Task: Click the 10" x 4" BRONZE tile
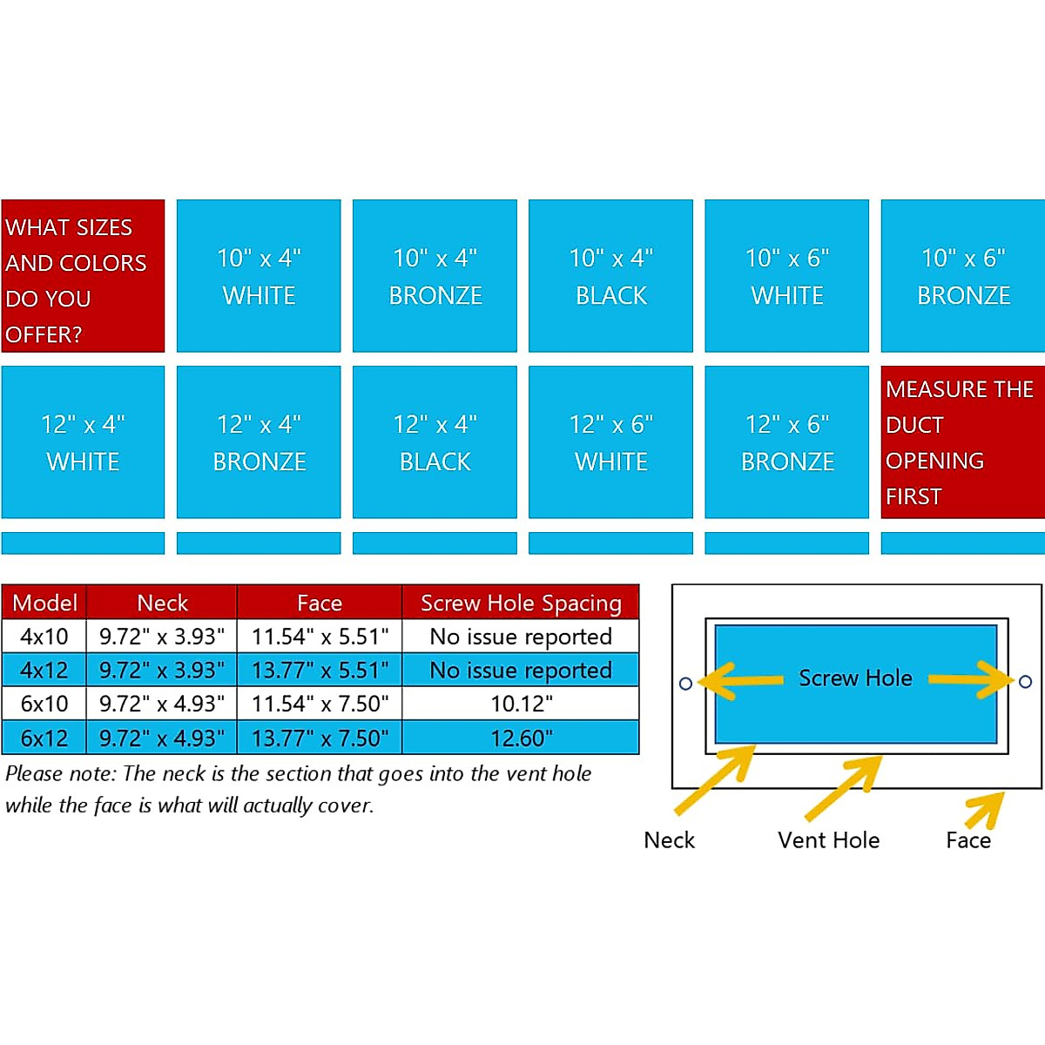click(x=435, y=276)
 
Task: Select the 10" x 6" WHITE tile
click(x=786, y=276)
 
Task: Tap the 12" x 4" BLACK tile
click(x=435, y=442)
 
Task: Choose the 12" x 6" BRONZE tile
click(x=786, y=442)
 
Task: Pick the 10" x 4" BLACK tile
click(x=610, y=276)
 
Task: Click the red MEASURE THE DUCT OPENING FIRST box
click(x=962, y=442)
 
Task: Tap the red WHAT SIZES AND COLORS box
click(x=83, y=276)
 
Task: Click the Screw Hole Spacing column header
click(x=521, y=603)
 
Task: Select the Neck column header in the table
click(x=162, y=603)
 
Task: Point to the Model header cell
click(x=44, y=603)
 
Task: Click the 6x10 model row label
click(x=44, y=704)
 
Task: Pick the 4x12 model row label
click(x=44, y=670)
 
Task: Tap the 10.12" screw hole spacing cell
click(x=521, y=704)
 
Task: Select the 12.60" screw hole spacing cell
click(x=521, y=738)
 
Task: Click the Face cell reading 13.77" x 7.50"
click(x=320, y=738)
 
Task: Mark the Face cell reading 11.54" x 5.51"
click(x=320, y=637)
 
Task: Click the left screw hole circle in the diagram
click(x=685, y=684)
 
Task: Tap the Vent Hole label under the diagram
click(x=828, y=840)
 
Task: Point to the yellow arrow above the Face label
click(x=985, y=810)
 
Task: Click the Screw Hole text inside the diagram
click(x=855, y=678)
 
